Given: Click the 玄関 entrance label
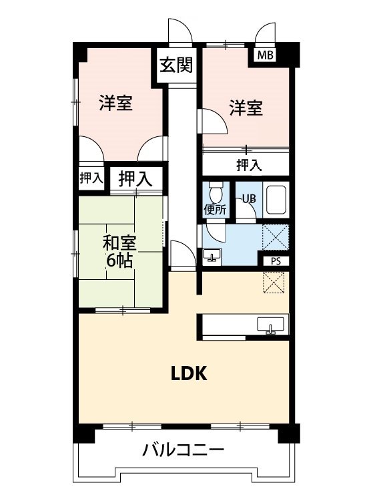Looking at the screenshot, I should (x=177, y=65).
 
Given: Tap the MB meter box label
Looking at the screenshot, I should (x=266, y=55).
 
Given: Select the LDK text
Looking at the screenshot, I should (x=190, y=374).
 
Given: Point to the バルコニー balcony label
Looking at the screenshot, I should (x=183, y=450).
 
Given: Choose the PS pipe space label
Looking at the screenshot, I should (x=276, y=261).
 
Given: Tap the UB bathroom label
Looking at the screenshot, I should (x=248, y=198).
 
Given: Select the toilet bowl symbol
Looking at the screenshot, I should (x=215, y=193).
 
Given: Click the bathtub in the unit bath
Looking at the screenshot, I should (x=276, y=198).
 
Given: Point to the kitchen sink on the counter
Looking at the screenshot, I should (x=271, y=325).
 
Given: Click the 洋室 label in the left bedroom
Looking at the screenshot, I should (x=115, y=104).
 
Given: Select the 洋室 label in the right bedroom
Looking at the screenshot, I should (x=246, y=108).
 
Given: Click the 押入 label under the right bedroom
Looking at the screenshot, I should (x=249, y=164).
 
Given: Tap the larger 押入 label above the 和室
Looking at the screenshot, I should (x=135, y=178).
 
